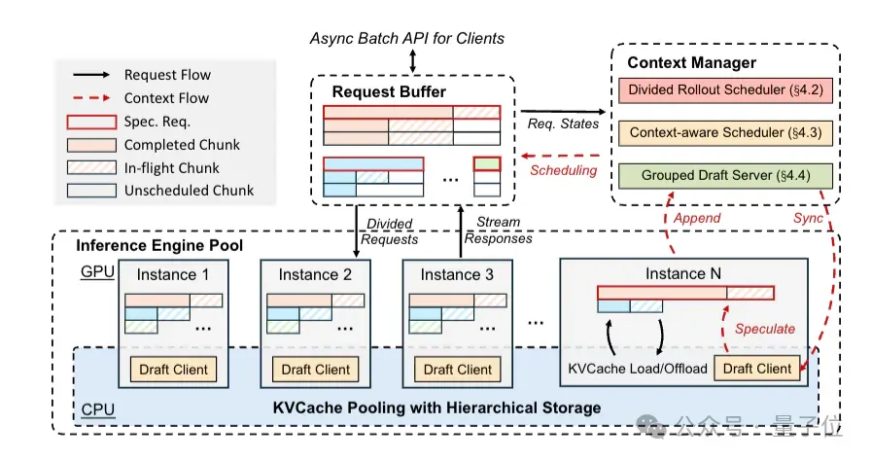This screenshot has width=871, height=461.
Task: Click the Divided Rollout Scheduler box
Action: click(725, 90)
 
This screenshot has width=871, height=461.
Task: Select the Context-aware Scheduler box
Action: click(725, 132)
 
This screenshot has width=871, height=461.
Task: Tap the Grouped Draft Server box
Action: click(725, 175)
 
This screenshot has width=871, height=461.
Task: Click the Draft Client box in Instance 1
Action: click(173, 370)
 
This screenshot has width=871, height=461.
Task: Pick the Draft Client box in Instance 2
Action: click(316, 370)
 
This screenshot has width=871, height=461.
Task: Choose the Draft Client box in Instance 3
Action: click(458, 370)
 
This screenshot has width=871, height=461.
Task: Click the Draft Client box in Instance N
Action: click(757, 369)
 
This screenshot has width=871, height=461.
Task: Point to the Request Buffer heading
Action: click(389, 91)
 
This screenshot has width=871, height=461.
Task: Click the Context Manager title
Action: click(691, 63)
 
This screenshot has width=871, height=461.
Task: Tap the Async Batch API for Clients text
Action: click(407, 38)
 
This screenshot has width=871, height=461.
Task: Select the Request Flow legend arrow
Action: click(91, 75)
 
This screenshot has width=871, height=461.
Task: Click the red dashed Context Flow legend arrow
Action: click(91, 98)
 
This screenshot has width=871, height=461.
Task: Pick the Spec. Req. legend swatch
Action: click(91, 122)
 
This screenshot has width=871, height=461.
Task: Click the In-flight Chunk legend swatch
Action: click(91, 167)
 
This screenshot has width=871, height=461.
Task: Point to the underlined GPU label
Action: click(98, 272)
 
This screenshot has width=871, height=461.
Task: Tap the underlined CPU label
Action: click(98, 409)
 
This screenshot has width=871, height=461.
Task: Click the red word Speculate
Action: click(765, 329)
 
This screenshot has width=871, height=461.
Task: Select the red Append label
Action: click(697, 218)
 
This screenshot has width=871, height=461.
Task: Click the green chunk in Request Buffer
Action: click(487, 163)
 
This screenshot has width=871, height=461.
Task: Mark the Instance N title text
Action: click(683, 274)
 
